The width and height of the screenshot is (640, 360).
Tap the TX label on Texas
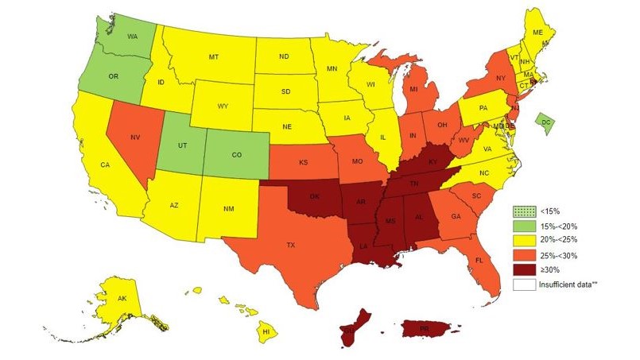tap(292, 246)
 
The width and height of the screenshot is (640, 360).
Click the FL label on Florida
tap(479, 260)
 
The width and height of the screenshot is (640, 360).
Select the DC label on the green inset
tap(545, 122)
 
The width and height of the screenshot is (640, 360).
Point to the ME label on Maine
tap(538, 33)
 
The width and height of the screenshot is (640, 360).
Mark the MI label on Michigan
tap(413, 90)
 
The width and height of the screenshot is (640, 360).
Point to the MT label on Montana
tap(214, 57)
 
